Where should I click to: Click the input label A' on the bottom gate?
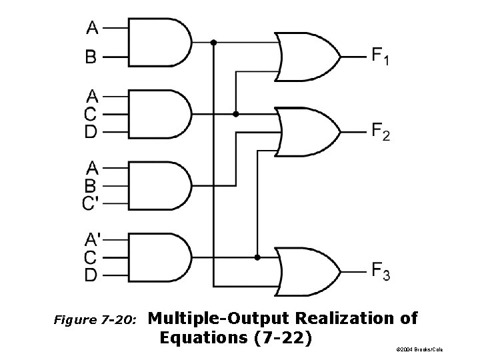pos(92,239)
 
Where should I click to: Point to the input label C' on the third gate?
pos(92,203)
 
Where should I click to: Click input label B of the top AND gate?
pos(91,57)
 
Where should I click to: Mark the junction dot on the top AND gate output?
pos(213,43)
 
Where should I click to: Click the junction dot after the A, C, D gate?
pos(235,114)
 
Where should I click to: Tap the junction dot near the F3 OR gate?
pos(257,256)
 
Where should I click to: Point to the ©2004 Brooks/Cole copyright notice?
pos(418,349)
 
